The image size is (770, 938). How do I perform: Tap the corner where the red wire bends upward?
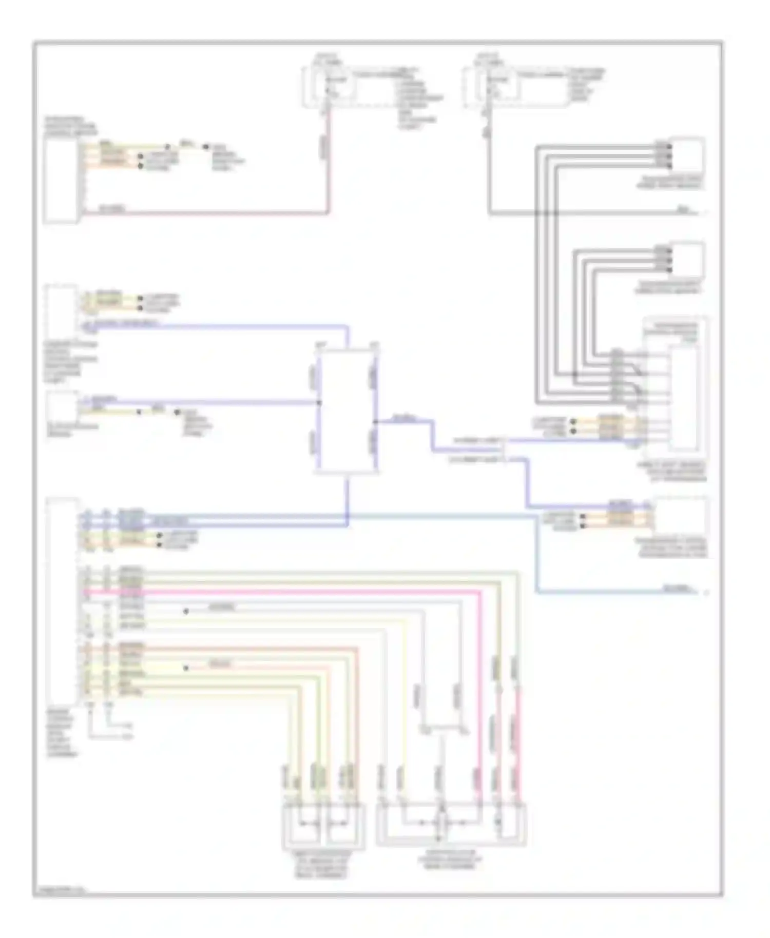pos(328,212)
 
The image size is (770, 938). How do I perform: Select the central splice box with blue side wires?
pos(348,411)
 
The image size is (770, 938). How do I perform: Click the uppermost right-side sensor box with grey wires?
pos(688,153)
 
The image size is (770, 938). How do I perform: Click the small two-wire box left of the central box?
pos(62,406)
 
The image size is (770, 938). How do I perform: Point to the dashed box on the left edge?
pos(61,308)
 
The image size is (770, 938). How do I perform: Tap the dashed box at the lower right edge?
pos(681,515)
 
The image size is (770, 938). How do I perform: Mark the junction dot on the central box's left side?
pos(318,403)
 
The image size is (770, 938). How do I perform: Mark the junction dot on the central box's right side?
pos(376,422)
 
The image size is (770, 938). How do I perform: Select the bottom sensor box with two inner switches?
pos(323,826)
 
